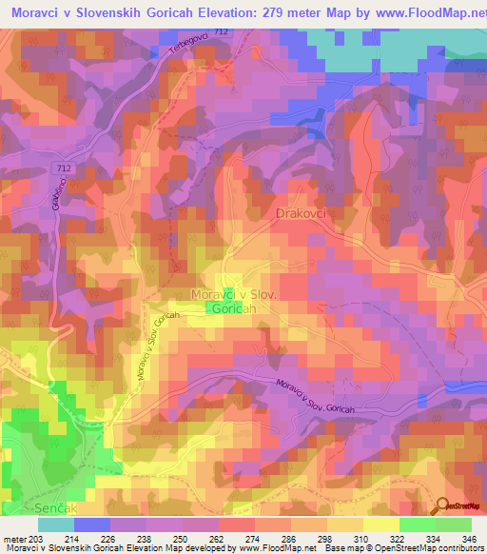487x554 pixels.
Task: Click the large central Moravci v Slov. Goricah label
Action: pyautogui.click(x=233, y=302)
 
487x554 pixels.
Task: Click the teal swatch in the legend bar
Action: pyautogui.click(x=56, y=524)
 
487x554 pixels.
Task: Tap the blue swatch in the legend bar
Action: pyautogui.click(x=92, y=524)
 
